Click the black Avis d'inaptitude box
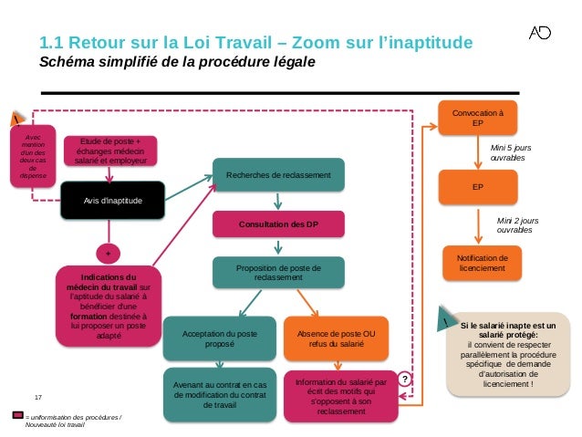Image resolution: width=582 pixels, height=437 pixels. pyautogui.click(x=113, y=200)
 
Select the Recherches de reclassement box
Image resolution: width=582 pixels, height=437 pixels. pyautogui.click(x=278, y=173)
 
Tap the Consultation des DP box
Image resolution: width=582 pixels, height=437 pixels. pyautogui.click(x=278, y=224)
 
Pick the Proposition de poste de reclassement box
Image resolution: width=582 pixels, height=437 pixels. pyautogui.click(x=278, y=273)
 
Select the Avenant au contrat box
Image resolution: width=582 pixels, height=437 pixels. pyautogui.click(x=220, y=394)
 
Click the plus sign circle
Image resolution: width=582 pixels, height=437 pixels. pyautogui.click(x=108, y=251)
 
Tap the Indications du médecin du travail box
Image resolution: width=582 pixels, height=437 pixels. pyautogui.click(x=108, y=306)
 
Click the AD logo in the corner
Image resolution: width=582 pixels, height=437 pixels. pyautogui.click(x=540, y=34)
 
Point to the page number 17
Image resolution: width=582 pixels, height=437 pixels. pyautogui.click(x=38, y=397)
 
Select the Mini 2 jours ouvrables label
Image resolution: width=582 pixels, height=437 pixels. pyautogui.click(x=516, y=224)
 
